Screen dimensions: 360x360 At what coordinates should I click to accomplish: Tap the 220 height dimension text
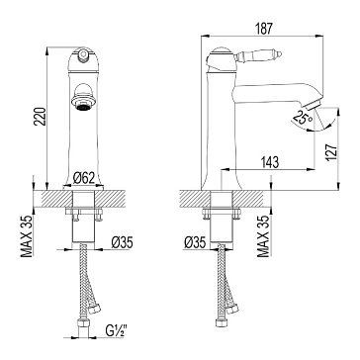41,116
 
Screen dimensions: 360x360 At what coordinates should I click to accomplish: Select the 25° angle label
303,117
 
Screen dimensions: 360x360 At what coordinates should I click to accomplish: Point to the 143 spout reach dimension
270,162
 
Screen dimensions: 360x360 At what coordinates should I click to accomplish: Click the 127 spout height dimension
332,151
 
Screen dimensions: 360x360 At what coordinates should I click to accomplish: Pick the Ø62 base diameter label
84,178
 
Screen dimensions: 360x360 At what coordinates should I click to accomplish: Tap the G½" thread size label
117,329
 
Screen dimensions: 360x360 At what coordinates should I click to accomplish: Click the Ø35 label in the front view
122,242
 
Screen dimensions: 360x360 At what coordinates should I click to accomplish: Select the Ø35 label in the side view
195,242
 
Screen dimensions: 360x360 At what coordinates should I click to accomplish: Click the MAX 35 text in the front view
27,236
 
